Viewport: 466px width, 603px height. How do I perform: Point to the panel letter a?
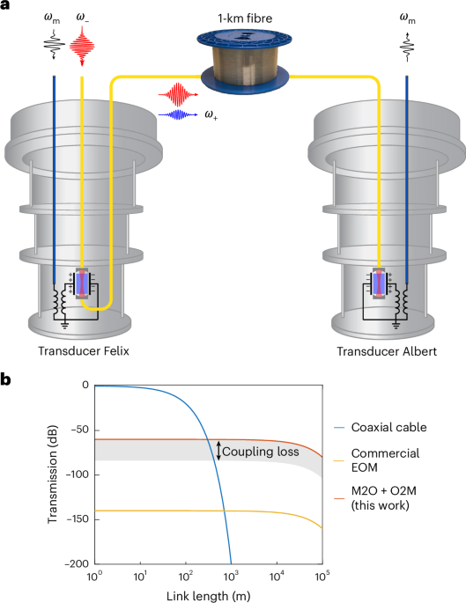click(6, 8)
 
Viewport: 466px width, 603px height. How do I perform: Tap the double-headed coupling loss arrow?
click(219, 451)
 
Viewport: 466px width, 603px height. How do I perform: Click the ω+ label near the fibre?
click(213, 114)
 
